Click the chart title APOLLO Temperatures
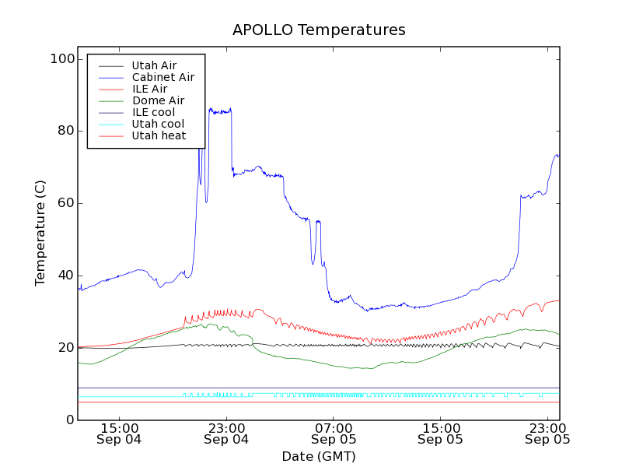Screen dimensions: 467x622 pos(319,30)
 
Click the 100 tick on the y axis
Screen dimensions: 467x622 pos(65,59)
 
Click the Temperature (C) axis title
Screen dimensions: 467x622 pos(40,233)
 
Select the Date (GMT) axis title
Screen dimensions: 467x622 pos(319,456)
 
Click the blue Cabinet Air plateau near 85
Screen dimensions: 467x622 pos(220,112)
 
